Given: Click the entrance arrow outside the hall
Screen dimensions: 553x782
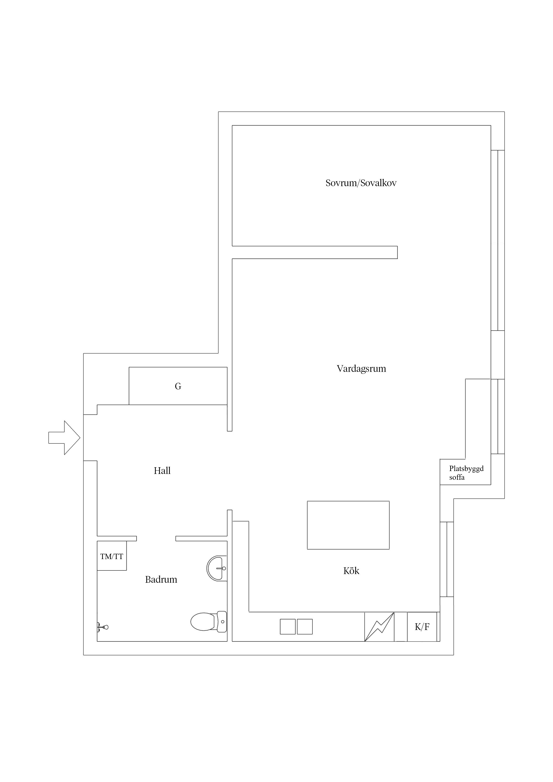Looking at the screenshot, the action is click(64, 438).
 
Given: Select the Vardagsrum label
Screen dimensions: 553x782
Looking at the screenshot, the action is click(361, 368).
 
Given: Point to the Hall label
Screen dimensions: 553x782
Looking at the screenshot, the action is click(162, 471).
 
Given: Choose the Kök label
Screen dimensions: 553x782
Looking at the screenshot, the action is click(351, 571).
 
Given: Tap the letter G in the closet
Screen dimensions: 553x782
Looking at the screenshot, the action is click(178, 386).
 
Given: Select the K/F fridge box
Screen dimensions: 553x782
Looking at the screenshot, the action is click(422, 627).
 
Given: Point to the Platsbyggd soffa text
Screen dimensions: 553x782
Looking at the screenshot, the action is click(466, 473).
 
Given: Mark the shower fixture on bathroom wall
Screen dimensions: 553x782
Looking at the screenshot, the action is click(103, 627).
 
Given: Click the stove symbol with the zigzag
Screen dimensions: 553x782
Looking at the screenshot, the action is click(379, 627).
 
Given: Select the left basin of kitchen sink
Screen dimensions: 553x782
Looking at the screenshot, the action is click(288, 627).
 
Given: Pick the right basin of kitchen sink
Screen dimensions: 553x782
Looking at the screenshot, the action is click(305, 627).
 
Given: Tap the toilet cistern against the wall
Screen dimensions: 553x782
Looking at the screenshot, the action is click(222, 621).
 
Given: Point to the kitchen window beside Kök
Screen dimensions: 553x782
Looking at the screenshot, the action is click(447, 559).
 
